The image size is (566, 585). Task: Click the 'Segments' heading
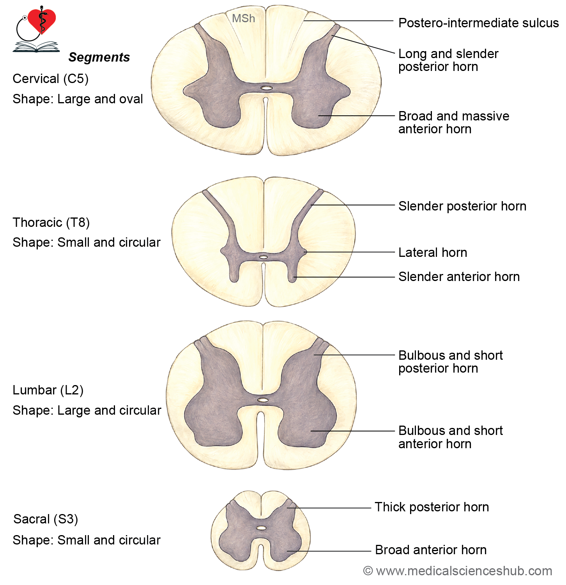click(99, 57)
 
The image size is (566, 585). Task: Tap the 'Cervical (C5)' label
click(51, 79)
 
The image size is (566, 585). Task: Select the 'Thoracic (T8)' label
click(51, 223)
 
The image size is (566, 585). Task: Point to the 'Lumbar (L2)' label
click(48, 390)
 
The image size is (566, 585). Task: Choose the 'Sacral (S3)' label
click(46, 519)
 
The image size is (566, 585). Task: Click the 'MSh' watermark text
click(243, 18)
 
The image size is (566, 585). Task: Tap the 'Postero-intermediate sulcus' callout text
click(478, 23)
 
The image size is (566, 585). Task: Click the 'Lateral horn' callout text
click(433, 253)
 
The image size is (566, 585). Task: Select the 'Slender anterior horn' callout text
click(459, 277)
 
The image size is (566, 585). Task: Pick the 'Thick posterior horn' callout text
click(432, 507)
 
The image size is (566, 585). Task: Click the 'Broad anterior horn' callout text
click(431, 550)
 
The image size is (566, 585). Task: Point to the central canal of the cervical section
click(266, 88)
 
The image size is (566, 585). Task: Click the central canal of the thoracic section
click(264, 257)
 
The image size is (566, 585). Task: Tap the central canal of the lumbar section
click(263, 400)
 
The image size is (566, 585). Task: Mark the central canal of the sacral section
click(261, 528)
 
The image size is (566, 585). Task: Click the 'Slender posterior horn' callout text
click(462, 206)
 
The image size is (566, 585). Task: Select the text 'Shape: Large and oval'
click(78, 99)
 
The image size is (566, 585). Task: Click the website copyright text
click(458, 571)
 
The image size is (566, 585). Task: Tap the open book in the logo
click(36, 47)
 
